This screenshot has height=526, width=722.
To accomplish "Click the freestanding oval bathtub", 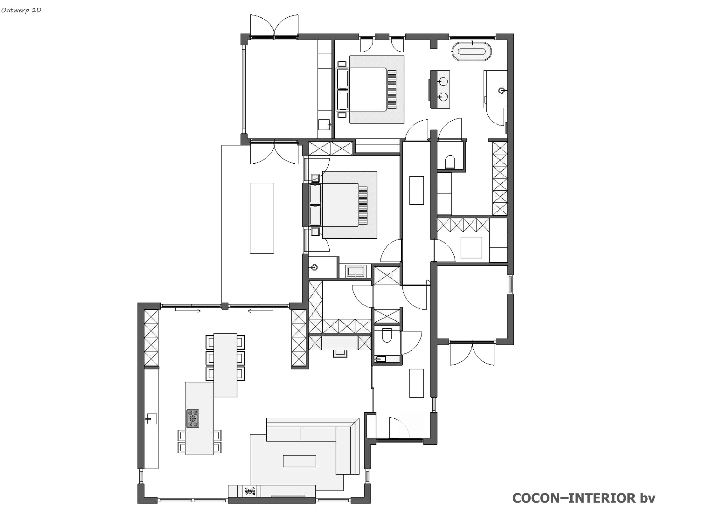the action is [x=472, y=51].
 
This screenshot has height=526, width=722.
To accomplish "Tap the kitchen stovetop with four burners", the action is [x=193, y=418].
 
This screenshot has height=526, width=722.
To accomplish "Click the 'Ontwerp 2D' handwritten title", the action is [x=21, y=10].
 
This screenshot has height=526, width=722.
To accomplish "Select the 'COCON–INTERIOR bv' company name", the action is [x=584, y=498].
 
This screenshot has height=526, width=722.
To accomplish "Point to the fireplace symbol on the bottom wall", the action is [x=250, y=491].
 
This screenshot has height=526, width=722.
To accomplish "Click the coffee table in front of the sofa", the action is [x=299, y=461].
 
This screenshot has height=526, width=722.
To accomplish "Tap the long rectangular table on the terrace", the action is [x=262, y=218].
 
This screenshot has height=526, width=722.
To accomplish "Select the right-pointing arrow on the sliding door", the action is [x=188, y=311].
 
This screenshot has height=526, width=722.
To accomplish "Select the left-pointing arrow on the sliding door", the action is [x=260, y=311].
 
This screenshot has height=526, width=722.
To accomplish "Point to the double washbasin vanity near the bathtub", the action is [x=440, y=89].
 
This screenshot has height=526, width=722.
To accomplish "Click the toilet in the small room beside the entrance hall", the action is [x=387, y=335].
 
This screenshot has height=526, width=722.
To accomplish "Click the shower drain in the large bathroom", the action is [x=501, y=91].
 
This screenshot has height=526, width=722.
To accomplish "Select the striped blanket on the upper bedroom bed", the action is [x=392, y=89].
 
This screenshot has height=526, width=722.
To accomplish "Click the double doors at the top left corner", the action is [x=274, y=26].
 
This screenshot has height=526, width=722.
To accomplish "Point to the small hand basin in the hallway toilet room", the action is [x=381, y=359].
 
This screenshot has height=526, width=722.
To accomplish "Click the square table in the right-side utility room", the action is [x=471, y=247].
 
